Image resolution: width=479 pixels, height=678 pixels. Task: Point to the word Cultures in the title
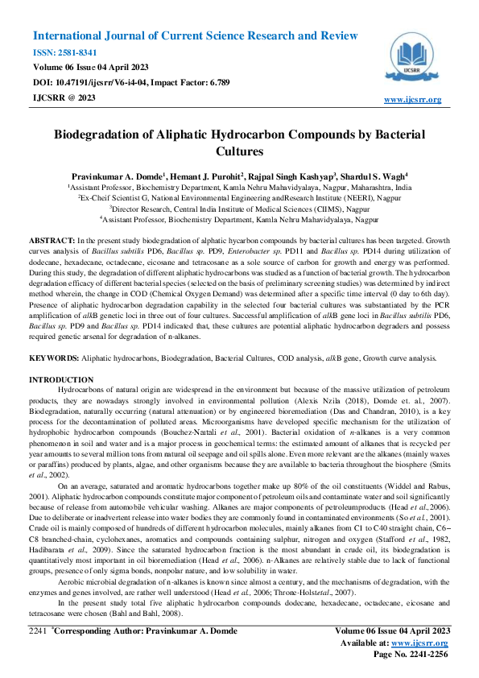pos(239,151)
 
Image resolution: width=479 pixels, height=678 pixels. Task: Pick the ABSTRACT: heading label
pos(52,241)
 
